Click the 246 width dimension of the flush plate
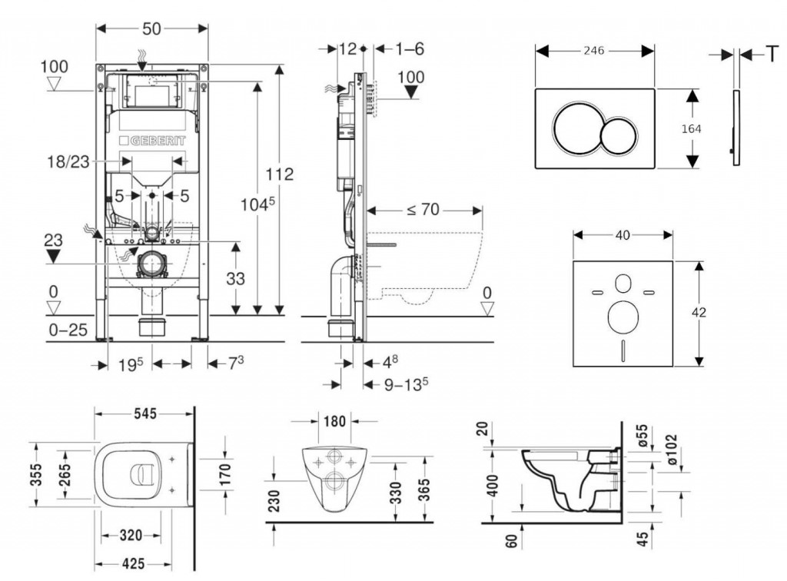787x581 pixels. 593,51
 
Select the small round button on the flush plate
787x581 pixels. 619,137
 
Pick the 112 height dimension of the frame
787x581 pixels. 279,174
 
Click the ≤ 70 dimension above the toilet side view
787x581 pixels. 423,208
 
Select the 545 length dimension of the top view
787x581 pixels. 144,413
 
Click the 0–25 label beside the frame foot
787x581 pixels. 68,331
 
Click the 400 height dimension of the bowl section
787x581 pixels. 493,485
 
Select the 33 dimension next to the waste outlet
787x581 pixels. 236,279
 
